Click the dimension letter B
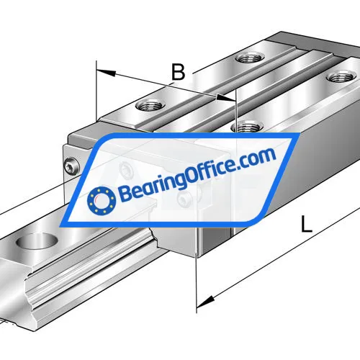click(178, 72)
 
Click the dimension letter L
click(307, 225)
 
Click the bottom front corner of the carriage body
click(196, 256)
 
